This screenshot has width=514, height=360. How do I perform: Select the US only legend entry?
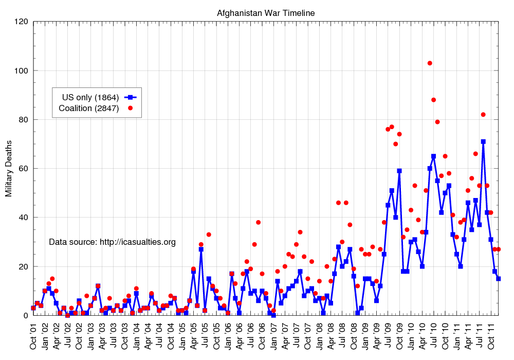coord(90,97)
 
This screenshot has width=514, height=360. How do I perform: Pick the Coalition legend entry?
coord(89,108)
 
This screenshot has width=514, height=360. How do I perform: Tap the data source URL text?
coord(112,242)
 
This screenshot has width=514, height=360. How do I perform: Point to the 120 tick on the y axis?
coord(21,22)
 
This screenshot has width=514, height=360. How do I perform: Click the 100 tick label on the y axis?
coord(21,70)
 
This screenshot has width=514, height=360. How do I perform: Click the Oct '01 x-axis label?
coord(33,336)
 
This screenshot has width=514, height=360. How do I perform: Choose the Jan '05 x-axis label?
coord(181,336)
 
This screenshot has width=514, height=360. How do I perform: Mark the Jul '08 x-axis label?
coord(342,336)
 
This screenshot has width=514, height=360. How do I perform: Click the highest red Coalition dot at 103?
coord(430,63)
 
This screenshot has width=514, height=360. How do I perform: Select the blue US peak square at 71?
coord(483,141)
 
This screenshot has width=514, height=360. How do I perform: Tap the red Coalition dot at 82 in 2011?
coord(483,115)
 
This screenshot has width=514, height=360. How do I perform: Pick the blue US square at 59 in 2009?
coord(399,171)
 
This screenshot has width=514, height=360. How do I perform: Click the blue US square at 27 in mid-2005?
coord(201,249)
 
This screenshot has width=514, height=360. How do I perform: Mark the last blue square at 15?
coord(499,279)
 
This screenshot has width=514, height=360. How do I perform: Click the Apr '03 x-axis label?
coord(102,336)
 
